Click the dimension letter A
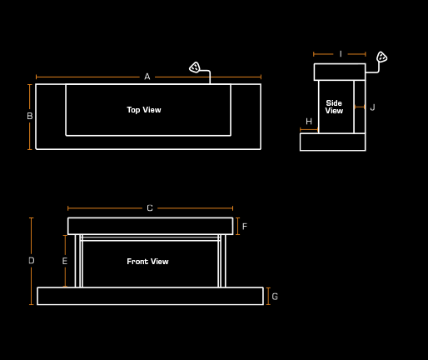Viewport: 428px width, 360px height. [147, 77]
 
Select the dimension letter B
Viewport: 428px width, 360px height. [30, 116]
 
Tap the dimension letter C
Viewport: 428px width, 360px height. [150, 208]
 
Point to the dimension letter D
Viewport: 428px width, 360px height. [32, 261]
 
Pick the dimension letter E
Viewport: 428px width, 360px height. [65, 261]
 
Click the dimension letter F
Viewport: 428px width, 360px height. [245, 227]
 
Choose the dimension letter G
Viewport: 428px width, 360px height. [275, 297]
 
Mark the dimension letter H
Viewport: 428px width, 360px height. [309, 122]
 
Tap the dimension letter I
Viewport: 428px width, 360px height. [341, 54]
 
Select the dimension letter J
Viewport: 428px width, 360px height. [373, 107]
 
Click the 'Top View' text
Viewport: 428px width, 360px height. [144, 110]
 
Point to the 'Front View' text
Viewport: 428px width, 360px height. [147, 262]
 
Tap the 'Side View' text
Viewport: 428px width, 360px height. [334, 107]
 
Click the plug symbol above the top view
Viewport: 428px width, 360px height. [195, 67]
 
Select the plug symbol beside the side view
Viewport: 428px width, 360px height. [381, 57]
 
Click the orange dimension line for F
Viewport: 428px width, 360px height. [237, 227]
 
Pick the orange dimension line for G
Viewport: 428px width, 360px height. [268, 297]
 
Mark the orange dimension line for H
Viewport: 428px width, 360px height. [309, 129]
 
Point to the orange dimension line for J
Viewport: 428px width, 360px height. [360, 107]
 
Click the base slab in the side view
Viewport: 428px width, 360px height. [333, 142]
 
